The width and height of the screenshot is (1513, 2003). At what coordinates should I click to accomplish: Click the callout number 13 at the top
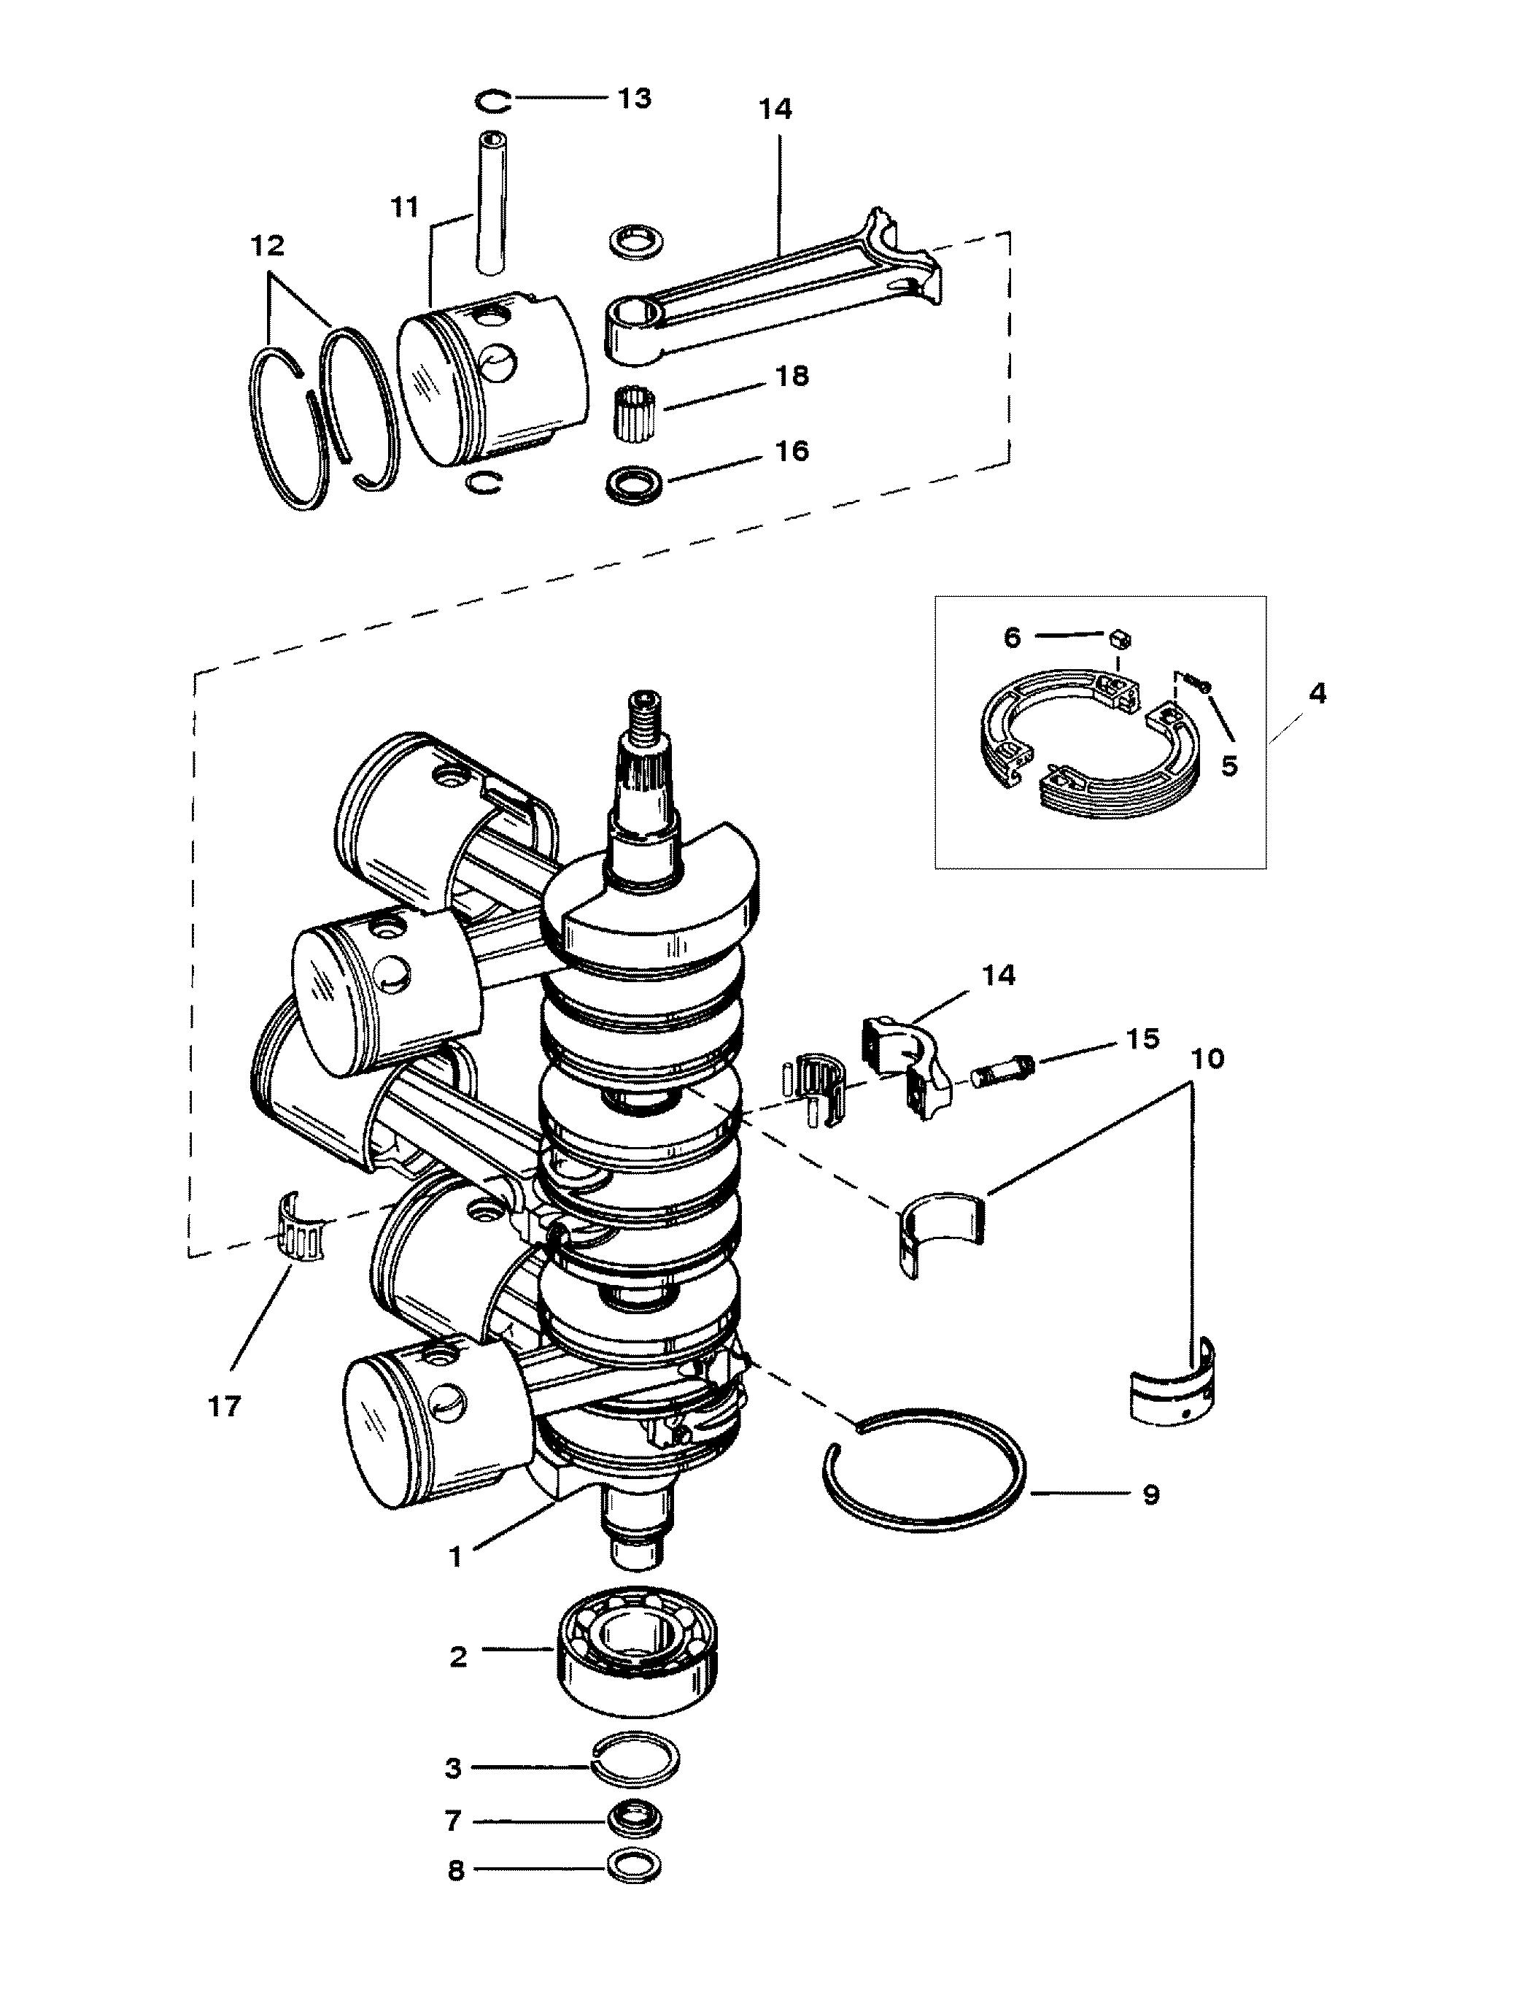click(634, 98)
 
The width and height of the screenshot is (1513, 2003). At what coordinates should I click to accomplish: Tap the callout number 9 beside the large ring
click(1150, 1494)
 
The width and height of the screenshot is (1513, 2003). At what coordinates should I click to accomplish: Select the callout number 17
click(225, 1406)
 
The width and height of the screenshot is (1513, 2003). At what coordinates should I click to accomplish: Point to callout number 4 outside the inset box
click(1317, 694)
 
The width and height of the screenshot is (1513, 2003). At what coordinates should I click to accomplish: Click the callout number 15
click(1142, 1038)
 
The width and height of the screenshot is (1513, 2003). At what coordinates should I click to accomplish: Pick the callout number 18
click(792, 376)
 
